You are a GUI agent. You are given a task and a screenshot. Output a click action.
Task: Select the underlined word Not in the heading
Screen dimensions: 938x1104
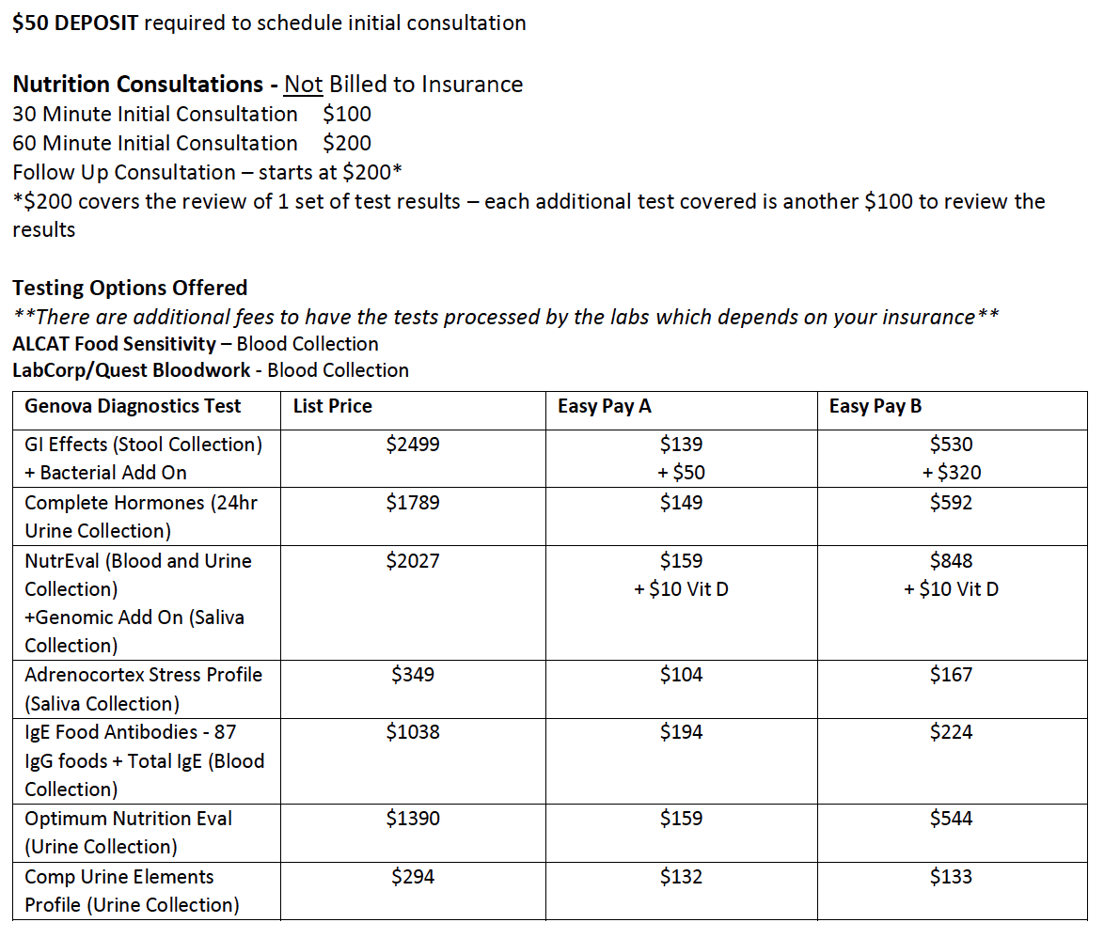pyautogui.click(x=303, y=85)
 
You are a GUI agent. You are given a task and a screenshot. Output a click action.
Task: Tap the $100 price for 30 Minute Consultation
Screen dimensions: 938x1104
pyautogui.click(x=346, y=115)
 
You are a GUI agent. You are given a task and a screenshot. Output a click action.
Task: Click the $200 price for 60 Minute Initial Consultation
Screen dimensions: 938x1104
pyautogui.click(x=346, y=144)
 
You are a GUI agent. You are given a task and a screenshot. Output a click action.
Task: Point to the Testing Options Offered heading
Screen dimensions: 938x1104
pyautogui.click(x=130, y=288)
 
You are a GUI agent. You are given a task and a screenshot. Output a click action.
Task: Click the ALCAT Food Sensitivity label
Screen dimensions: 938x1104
pyautogui.click(x=115, y=344)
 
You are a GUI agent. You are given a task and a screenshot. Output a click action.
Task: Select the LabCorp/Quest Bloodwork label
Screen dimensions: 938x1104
pyautogui.click(x=132, y=370)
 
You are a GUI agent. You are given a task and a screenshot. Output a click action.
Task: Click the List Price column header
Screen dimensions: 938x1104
pyautogui.click(x=332, y=406)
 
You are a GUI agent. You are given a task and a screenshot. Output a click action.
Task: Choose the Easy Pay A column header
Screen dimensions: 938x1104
pyautogui.click(x=605, y=406)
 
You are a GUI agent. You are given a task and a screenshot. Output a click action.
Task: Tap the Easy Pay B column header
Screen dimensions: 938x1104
pyautogui.click(x=875, y=406)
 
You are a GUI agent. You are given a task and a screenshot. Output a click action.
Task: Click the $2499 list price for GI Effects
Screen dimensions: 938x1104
pyautogui.click(x=412, y=444)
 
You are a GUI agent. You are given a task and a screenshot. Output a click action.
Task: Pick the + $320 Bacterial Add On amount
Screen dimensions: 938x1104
pyautogui.click(x=951, y=473)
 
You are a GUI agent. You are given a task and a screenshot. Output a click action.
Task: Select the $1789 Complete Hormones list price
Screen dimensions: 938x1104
pyautogui.click(x=412, y=503)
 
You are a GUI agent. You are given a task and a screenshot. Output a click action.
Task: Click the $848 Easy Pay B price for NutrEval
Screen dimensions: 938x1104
pyautogui.click(x=951, y=561)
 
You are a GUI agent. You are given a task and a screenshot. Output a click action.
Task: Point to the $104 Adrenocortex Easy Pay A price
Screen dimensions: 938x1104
pyautogui.click(x=681, y=675)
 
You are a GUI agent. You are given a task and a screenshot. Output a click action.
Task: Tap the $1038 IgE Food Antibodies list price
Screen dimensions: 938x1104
pyautogui.click(x=412, y=732)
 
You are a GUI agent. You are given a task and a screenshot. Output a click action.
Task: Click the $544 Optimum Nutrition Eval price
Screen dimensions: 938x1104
pyautogui.click(x=951, y=819)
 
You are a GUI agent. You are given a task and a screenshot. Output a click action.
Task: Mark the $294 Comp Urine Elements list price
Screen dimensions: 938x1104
pyautogui.click(x=412, y=877)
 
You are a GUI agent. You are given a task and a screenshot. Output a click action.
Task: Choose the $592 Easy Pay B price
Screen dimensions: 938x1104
pyautogui.click(x=951, y=503)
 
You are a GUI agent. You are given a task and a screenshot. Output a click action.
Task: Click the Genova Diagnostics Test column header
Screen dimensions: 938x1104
pyautogui.click(x=133, y=406)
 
